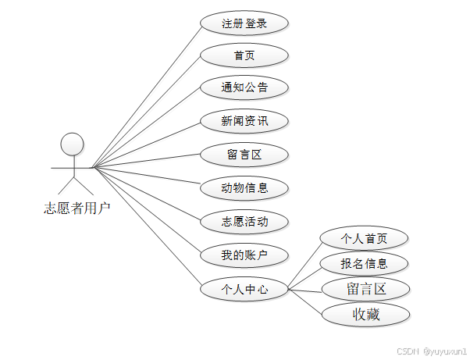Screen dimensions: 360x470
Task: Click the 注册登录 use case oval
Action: point(244,23)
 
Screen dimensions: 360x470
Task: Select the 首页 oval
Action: point(244,55)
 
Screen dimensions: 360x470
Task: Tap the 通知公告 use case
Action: point(244,87)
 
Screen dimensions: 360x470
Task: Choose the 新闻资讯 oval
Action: point(244,121)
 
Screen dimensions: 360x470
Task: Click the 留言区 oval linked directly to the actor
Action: point(244,155)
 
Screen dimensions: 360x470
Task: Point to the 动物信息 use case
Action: point(244,187)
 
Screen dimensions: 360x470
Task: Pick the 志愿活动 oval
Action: point(244,221)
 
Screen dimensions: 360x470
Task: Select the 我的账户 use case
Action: point(244,255)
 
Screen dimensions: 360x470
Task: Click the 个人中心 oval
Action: point(244,289)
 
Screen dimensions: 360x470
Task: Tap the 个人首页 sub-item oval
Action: point(365,238)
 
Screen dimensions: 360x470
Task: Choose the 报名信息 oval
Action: point(365,263)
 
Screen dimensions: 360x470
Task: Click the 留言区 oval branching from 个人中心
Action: point(366,289)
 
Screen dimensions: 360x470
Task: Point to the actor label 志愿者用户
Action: point(77,208)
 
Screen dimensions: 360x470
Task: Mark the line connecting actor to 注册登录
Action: point(147,96)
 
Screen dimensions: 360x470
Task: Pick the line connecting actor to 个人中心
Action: point(147,228)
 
